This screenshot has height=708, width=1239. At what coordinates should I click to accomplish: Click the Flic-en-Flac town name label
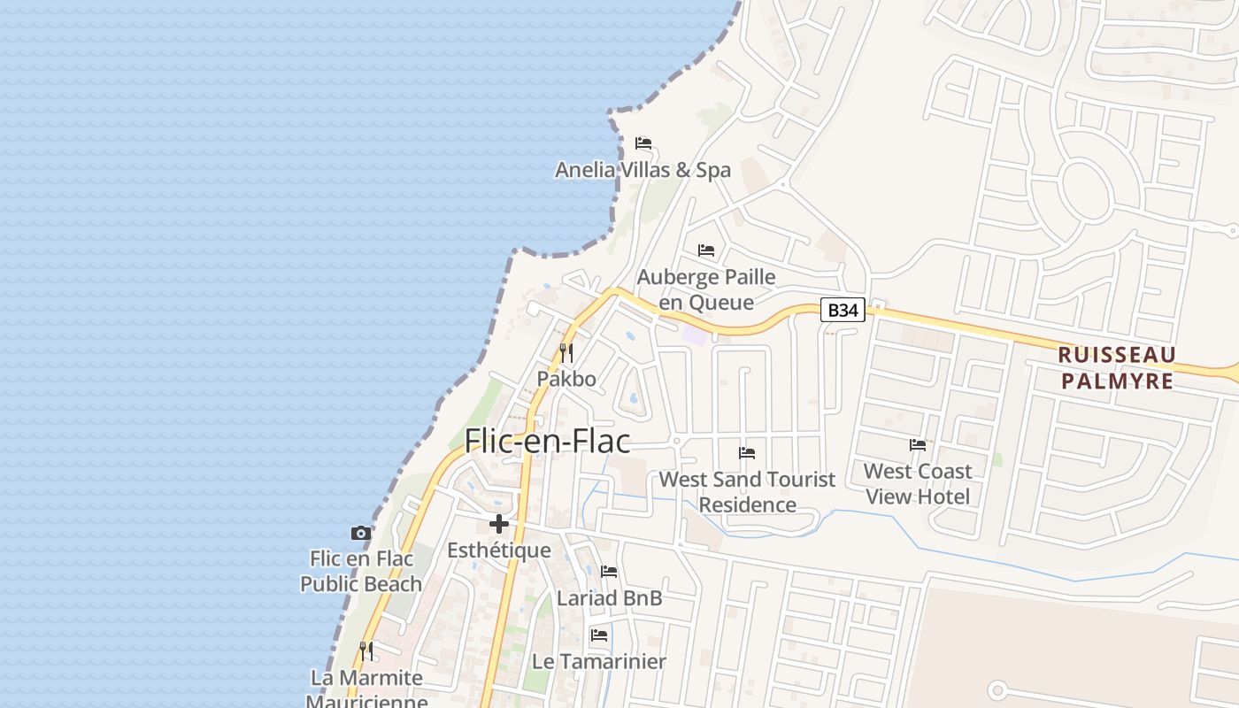[547, 441]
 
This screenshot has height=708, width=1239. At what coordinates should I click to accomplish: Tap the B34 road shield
[843, 310]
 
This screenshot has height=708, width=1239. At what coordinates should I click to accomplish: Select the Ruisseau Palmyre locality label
[1118, 368]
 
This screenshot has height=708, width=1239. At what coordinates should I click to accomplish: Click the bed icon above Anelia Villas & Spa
[643, 142]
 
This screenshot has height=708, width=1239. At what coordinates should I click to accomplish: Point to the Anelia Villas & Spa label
[643, 170]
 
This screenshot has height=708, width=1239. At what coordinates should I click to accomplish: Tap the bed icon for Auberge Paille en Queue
[706, 250]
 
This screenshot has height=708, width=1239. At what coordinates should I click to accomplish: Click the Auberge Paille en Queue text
[706, 289]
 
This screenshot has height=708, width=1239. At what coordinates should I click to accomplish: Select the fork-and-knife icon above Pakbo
[566, 353]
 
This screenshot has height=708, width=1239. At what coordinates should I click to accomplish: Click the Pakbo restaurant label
[566, 379]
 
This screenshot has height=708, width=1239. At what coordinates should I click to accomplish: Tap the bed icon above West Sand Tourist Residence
[747, 453]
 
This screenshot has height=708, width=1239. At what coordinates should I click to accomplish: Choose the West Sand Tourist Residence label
[747, 492]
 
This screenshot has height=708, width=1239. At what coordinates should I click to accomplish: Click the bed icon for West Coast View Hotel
[918, 445]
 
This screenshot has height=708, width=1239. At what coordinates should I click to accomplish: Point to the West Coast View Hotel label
[918, 483]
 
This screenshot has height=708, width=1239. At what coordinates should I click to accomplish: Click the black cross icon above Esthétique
[499, 524]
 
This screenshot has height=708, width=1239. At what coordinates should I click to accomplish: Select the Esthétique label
[499, 550]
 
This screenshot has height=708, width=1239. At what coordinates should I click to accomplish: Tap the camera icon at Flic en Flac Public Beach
[360, 533]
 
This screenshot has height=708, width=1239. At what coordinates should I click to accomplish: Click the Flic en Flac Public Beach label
[361, 571]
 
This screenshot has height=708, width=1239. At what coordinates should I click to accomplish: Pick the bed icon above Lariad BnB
[609, 572]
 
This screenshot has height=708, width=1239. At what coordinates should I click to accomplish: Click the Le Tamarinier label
[599, 661]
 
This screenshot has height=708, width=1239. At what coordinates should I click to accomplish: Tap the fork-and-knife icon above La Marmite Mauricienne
[366, 651]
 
